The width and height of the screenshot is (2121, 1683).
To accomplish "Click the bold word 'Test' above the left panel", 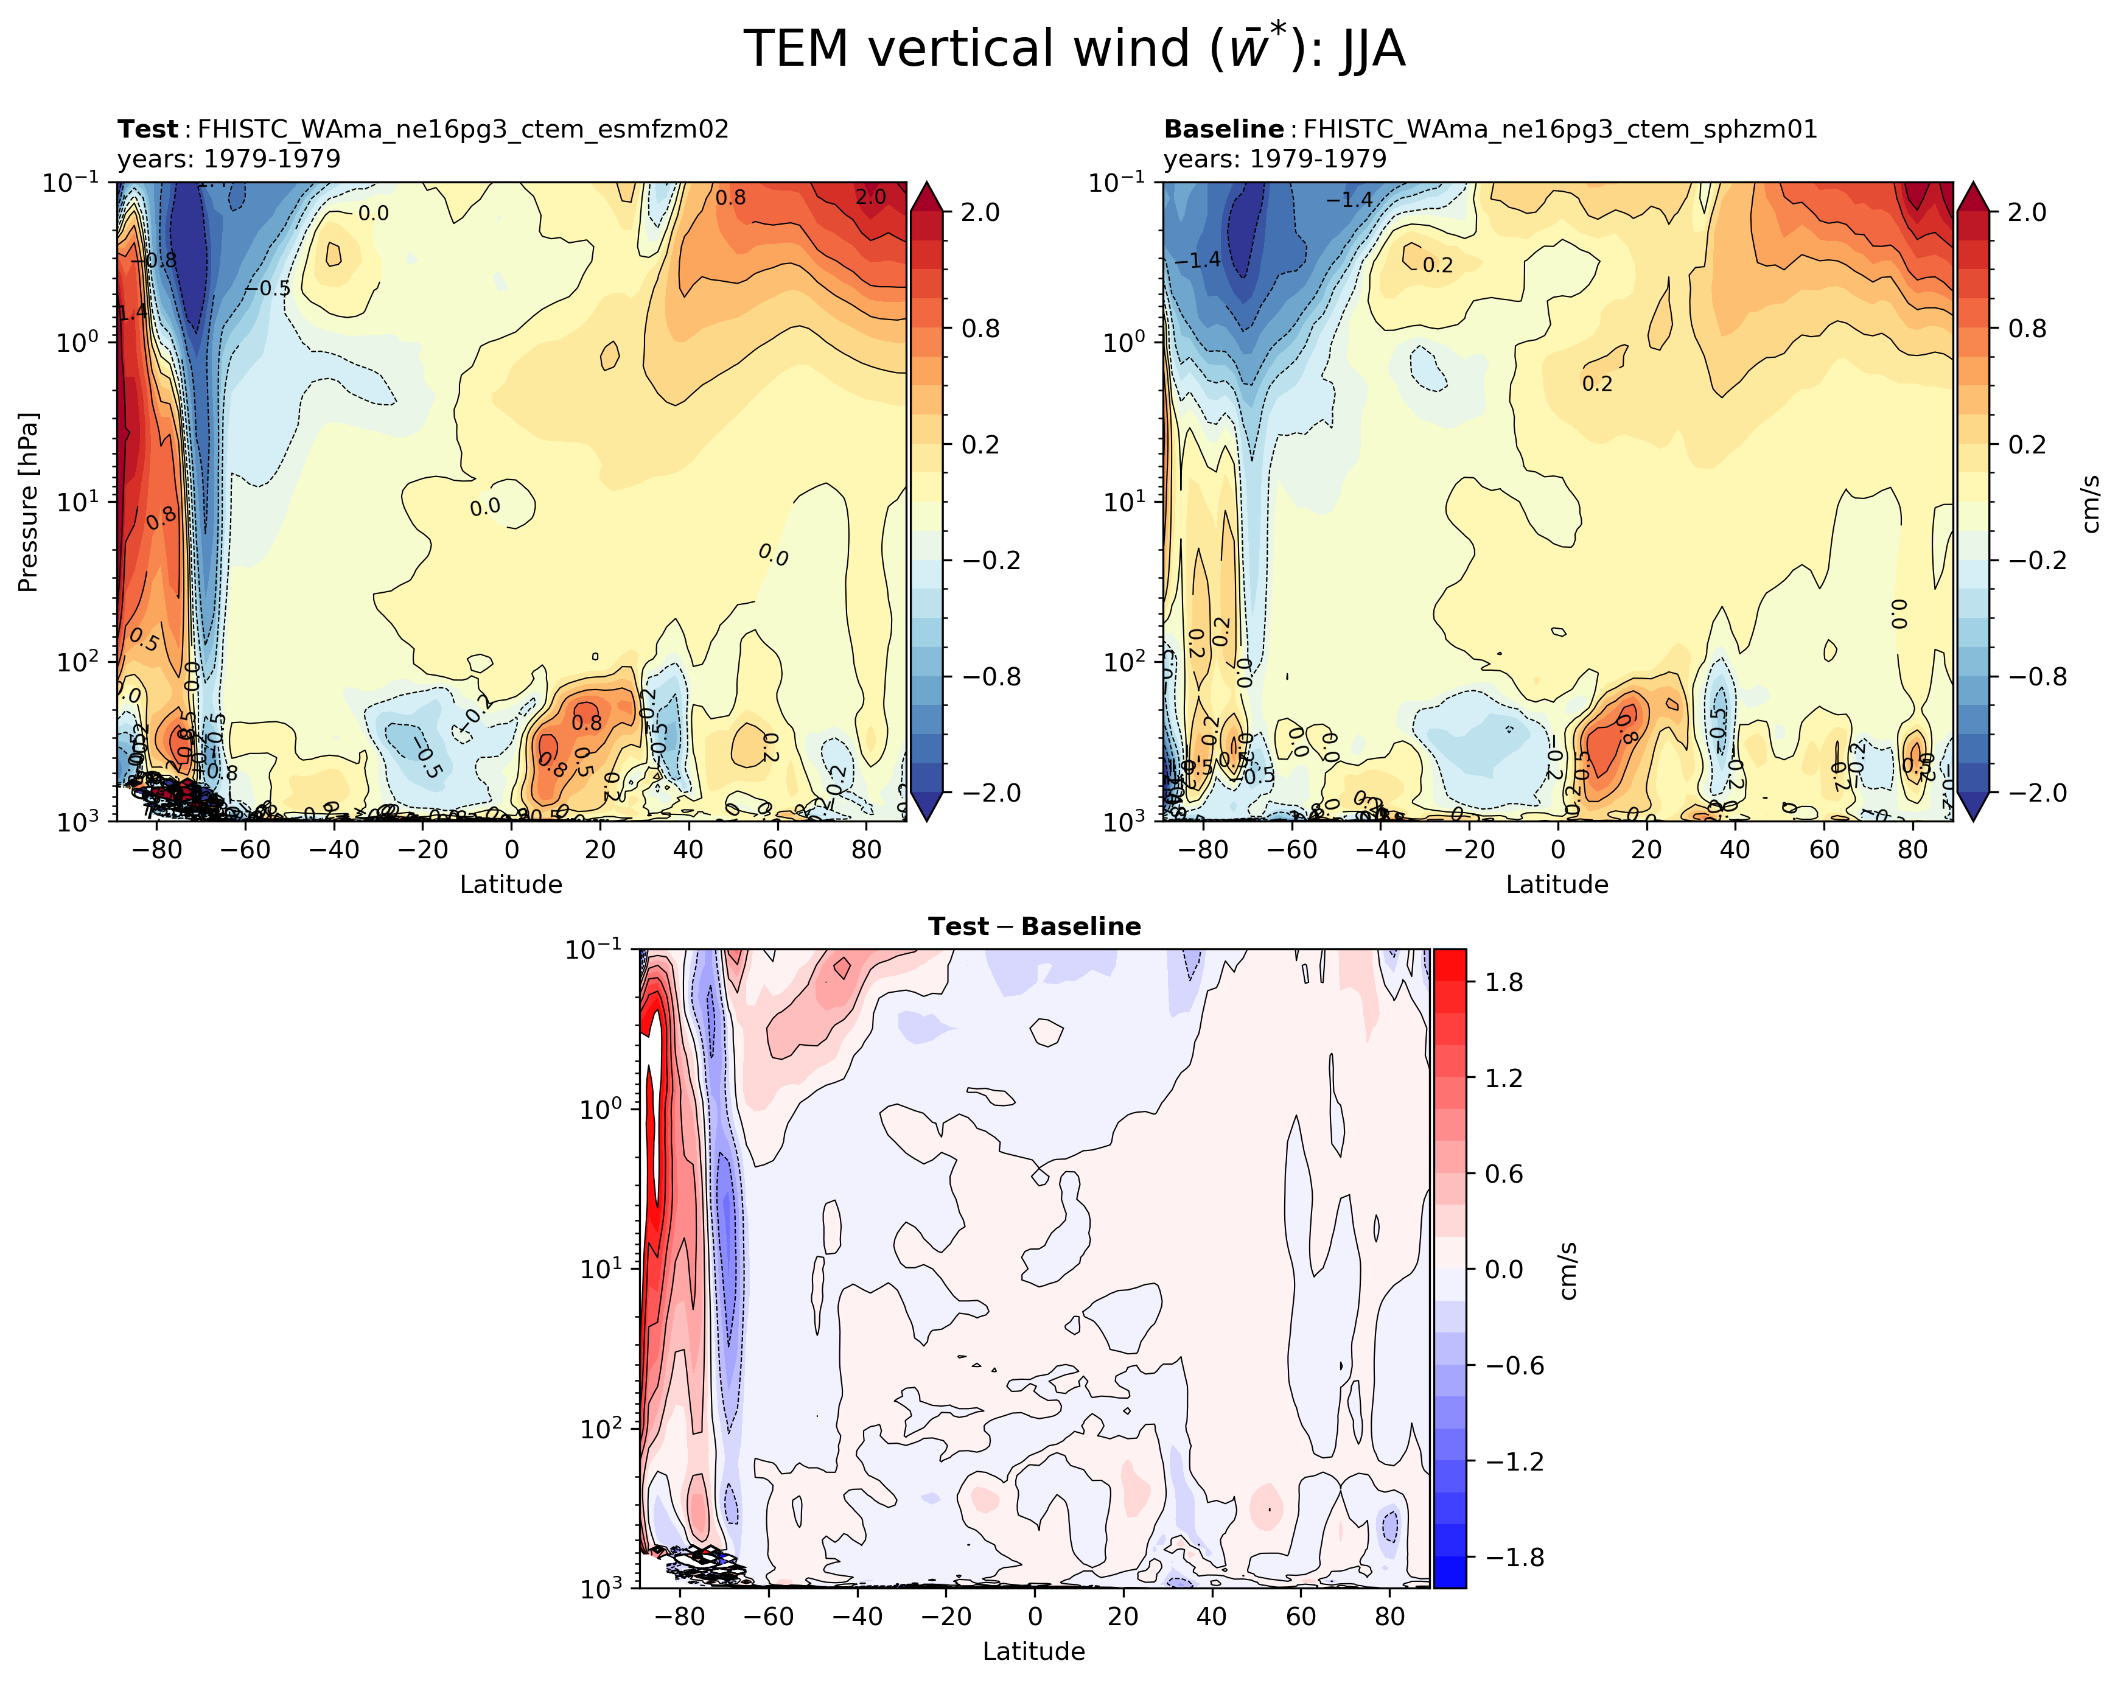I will click(x=147, y=129).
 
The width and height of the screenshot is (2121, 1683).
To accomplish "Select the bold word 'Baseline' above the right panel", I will click(x=1223, y=129).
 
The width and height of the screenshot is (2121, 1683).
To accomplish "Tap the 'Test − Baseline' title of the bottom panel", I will click(x=1034, y=926).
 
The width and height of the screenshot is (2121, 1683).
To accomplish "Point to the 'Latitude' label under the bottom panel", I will click(x=1034, y=1651).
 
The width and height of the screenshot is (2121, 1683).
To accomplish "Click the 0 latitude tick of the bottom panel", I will click(x=1035, y=1616).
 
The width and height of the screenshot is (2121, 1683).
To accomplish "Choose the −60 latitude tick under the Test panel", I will click(x=246, y=849).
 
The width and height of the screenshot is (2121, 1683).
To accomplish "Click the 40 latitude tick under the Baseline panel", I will click(x=1735, y=849).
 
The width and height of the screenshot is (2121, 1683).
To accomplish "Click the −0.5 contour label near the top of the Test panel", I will click(x=268, y=288).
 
